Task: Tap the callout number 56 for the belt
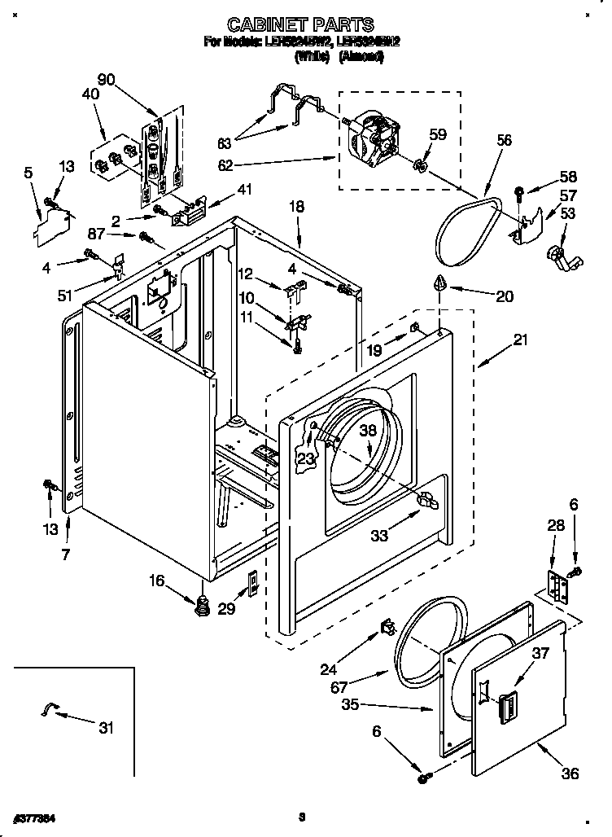click(504, 141)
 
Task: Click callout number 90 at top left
click(107, 80)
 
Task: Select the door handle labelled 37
click(506, 704)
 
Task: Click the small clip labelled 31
click(49, 712)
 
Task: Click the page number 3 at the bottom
click(301, 816)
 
